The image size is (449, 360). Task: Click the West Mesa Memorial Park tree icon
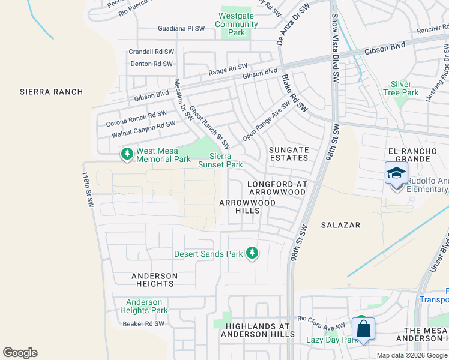tap(127, 155)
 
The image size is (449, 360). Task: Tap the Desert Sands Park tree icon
tap(253, 253)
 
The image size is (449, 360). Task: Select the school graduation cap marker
tap(396, 173)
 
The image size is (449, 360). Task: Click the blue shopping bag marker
tap(363, 329)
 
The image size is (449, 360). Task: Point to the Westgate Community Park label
tap(237, 25)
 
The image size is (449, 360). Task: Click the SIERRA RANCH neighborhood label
tap(51, 92)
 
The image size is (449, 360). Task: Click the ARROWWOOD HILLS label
tap(247, 207)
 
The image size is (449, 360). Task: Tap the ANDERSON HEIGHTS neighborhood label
tap(155, 280)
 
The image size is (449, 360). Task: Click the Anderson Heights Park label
tap(144, 306)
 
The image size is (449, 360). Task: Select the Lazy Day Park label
tap(332, 340)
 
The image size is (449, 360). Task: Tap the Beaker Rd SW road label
tap(143, 324)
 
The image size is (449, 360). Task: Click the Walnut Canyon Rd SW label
tap(143, 129)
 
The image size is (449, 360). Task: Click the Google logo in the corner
tap(20, 353)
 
